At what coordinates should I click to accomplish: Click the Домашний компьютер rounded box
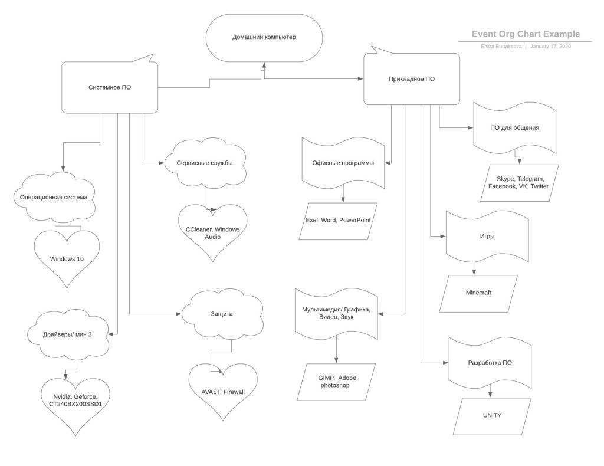click(x=264, y=37)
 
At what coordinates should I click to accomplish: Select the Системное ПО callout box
click(x=110, y=87)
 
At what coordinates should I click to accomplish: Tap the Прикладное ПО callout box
click(x=412, y=79)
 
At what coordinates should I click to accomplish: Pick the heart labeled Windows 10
click(x=67, y=258)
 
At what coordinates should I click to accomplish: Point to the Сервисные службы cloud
click(x=205, y=163)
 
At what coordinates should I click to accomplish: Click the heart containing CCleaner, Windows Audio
click(x=213, y=232)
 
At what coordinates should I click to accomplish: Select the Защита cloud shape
click(x=221, y=314)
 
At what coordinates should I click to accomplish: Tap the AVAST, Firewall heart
click(x=223, y=391)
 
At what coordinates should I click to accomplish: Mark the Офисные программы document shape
click(x=343, y=163)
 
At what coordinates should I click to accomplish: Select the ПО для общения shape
click(x=514, y=127)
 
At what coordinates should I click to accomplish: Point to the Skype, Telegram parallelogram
click(x=519, y=182)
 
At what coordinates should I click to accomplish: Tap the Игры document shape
click(x=487, y=237)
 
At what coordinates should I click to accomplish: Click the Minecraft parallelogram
click(x=478, y=293)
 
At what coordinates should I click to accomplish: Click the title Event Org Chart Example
click(x=526, y=34)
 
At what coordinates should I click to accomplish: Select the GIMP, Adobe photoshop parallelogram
click(x=335, y=381)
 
